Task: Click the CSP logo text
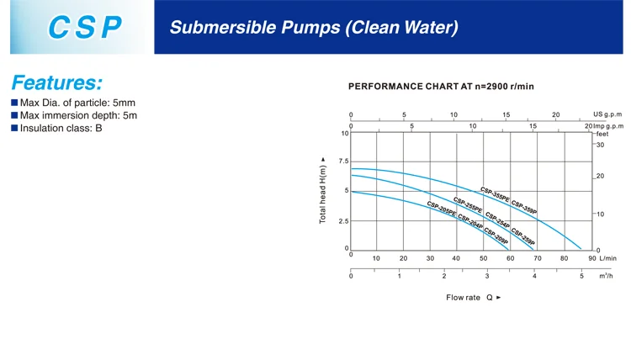point(84,28)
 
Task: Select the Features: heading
point(57,82)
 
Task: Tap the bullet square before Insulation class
point(14,128)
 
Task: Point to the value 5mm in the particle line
point(124,103)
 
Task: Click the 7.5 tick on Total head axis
point(343,161)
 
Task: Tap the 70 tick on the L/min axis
point(538,258)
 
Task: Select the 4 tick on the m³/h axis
point(534,276)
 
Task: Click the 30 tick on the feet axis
point(600,145)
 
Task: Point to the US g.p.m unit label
point(607,114)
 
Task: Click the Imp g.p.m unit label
point(608,126)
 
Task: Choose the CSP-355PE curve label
point(495,194)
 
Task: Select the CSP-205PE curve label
point(442,209)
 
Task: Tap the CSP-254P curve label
point(497,220)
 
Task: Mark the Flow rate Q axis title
point(473,298)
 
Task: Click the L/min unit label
point(607,258)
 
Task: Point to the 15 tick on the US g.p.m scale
point(506,114)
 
